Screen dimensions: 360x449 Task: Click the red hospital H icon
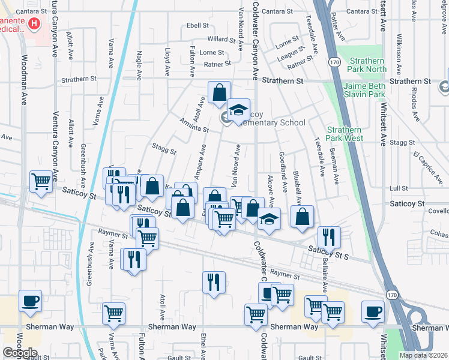[34, 24]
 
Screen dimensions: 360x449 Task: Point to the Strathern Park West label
[345, 134]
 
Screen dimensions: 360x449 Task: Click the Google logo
[20, 353]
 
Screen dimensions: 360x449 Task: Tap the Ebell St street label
[197, 26]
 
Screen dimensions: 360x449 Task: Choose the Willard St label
[221, 39]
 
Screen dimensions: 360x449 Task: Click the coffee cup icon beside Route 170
[373, 312]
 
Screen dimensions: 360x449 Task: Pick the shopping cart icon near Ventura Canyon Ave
[41, 181]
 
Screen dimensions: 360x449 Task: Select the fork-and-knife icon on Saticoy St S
[328, 236]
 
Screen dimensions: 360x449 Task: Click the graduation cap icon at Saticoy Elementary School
[238, 110]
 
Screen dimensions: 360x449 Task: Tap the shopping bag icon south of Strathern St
[220, 92]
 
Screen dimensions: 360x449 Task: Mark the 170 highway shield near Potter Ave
[334, 61]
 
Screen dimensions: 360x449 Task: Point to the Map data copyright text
[423, 355]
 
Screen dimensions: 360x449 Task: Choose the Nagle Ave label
[138, 65]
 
